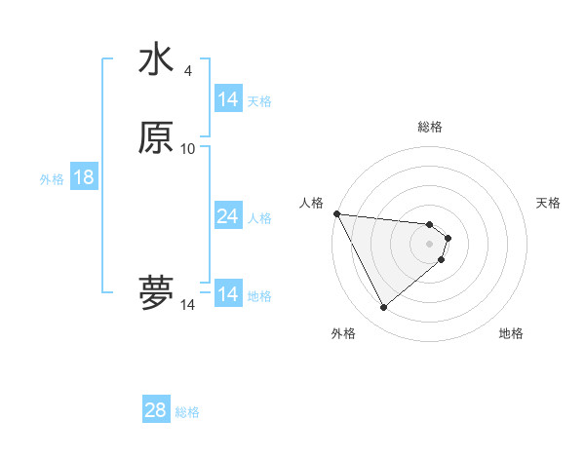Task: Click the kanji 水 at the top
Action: click(156, 61)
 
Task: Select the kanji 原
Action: click(156, 138)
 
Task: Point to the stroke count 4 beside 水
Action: click(188, 71)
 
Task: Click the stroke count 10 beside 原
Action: click(188, 148)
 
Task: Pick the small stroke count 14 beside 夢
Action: click(188, 305)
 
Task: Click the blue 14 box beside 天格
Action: click(227, 99)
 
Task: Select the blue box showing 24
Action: click(227, 216)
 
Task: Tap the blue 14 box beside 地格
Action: click(227, 294)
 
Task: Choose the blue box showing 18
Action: click(83, 177)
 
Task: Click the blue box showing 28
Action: click(156, 410)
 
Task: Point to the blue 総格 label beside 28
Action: click(187, 411)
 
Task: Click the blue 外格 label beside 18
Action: click(52, 178)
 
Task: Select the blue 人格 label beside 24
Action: click(259, 217)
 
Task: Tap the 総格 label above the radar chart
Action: click(430, 127)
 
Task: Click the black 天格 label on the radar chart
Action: click(549, 203)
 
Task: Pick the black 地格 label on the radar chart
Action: click(511, 333)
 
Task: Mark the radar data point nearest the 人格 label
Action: click(336, 213)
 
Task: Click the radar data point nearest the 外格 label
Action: click(383, 308)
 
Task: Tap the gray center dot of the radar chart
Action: click(430, 244)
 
